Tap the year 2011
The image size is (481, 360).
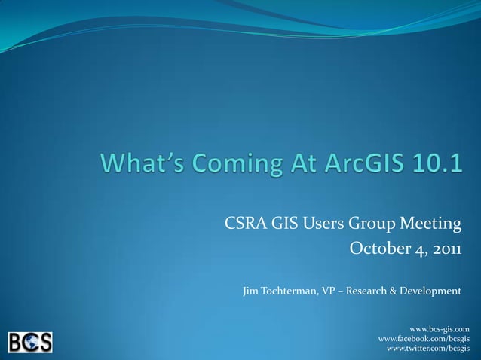444,249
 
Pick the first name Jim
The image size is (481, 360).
252,291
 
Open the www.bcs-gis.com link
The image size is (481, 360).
440,329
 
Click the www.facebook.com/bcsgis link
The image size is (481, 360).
424,340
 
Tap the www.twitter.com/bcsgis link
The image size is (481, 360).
428,349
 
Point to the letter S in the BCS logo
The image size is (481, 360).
44,343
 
